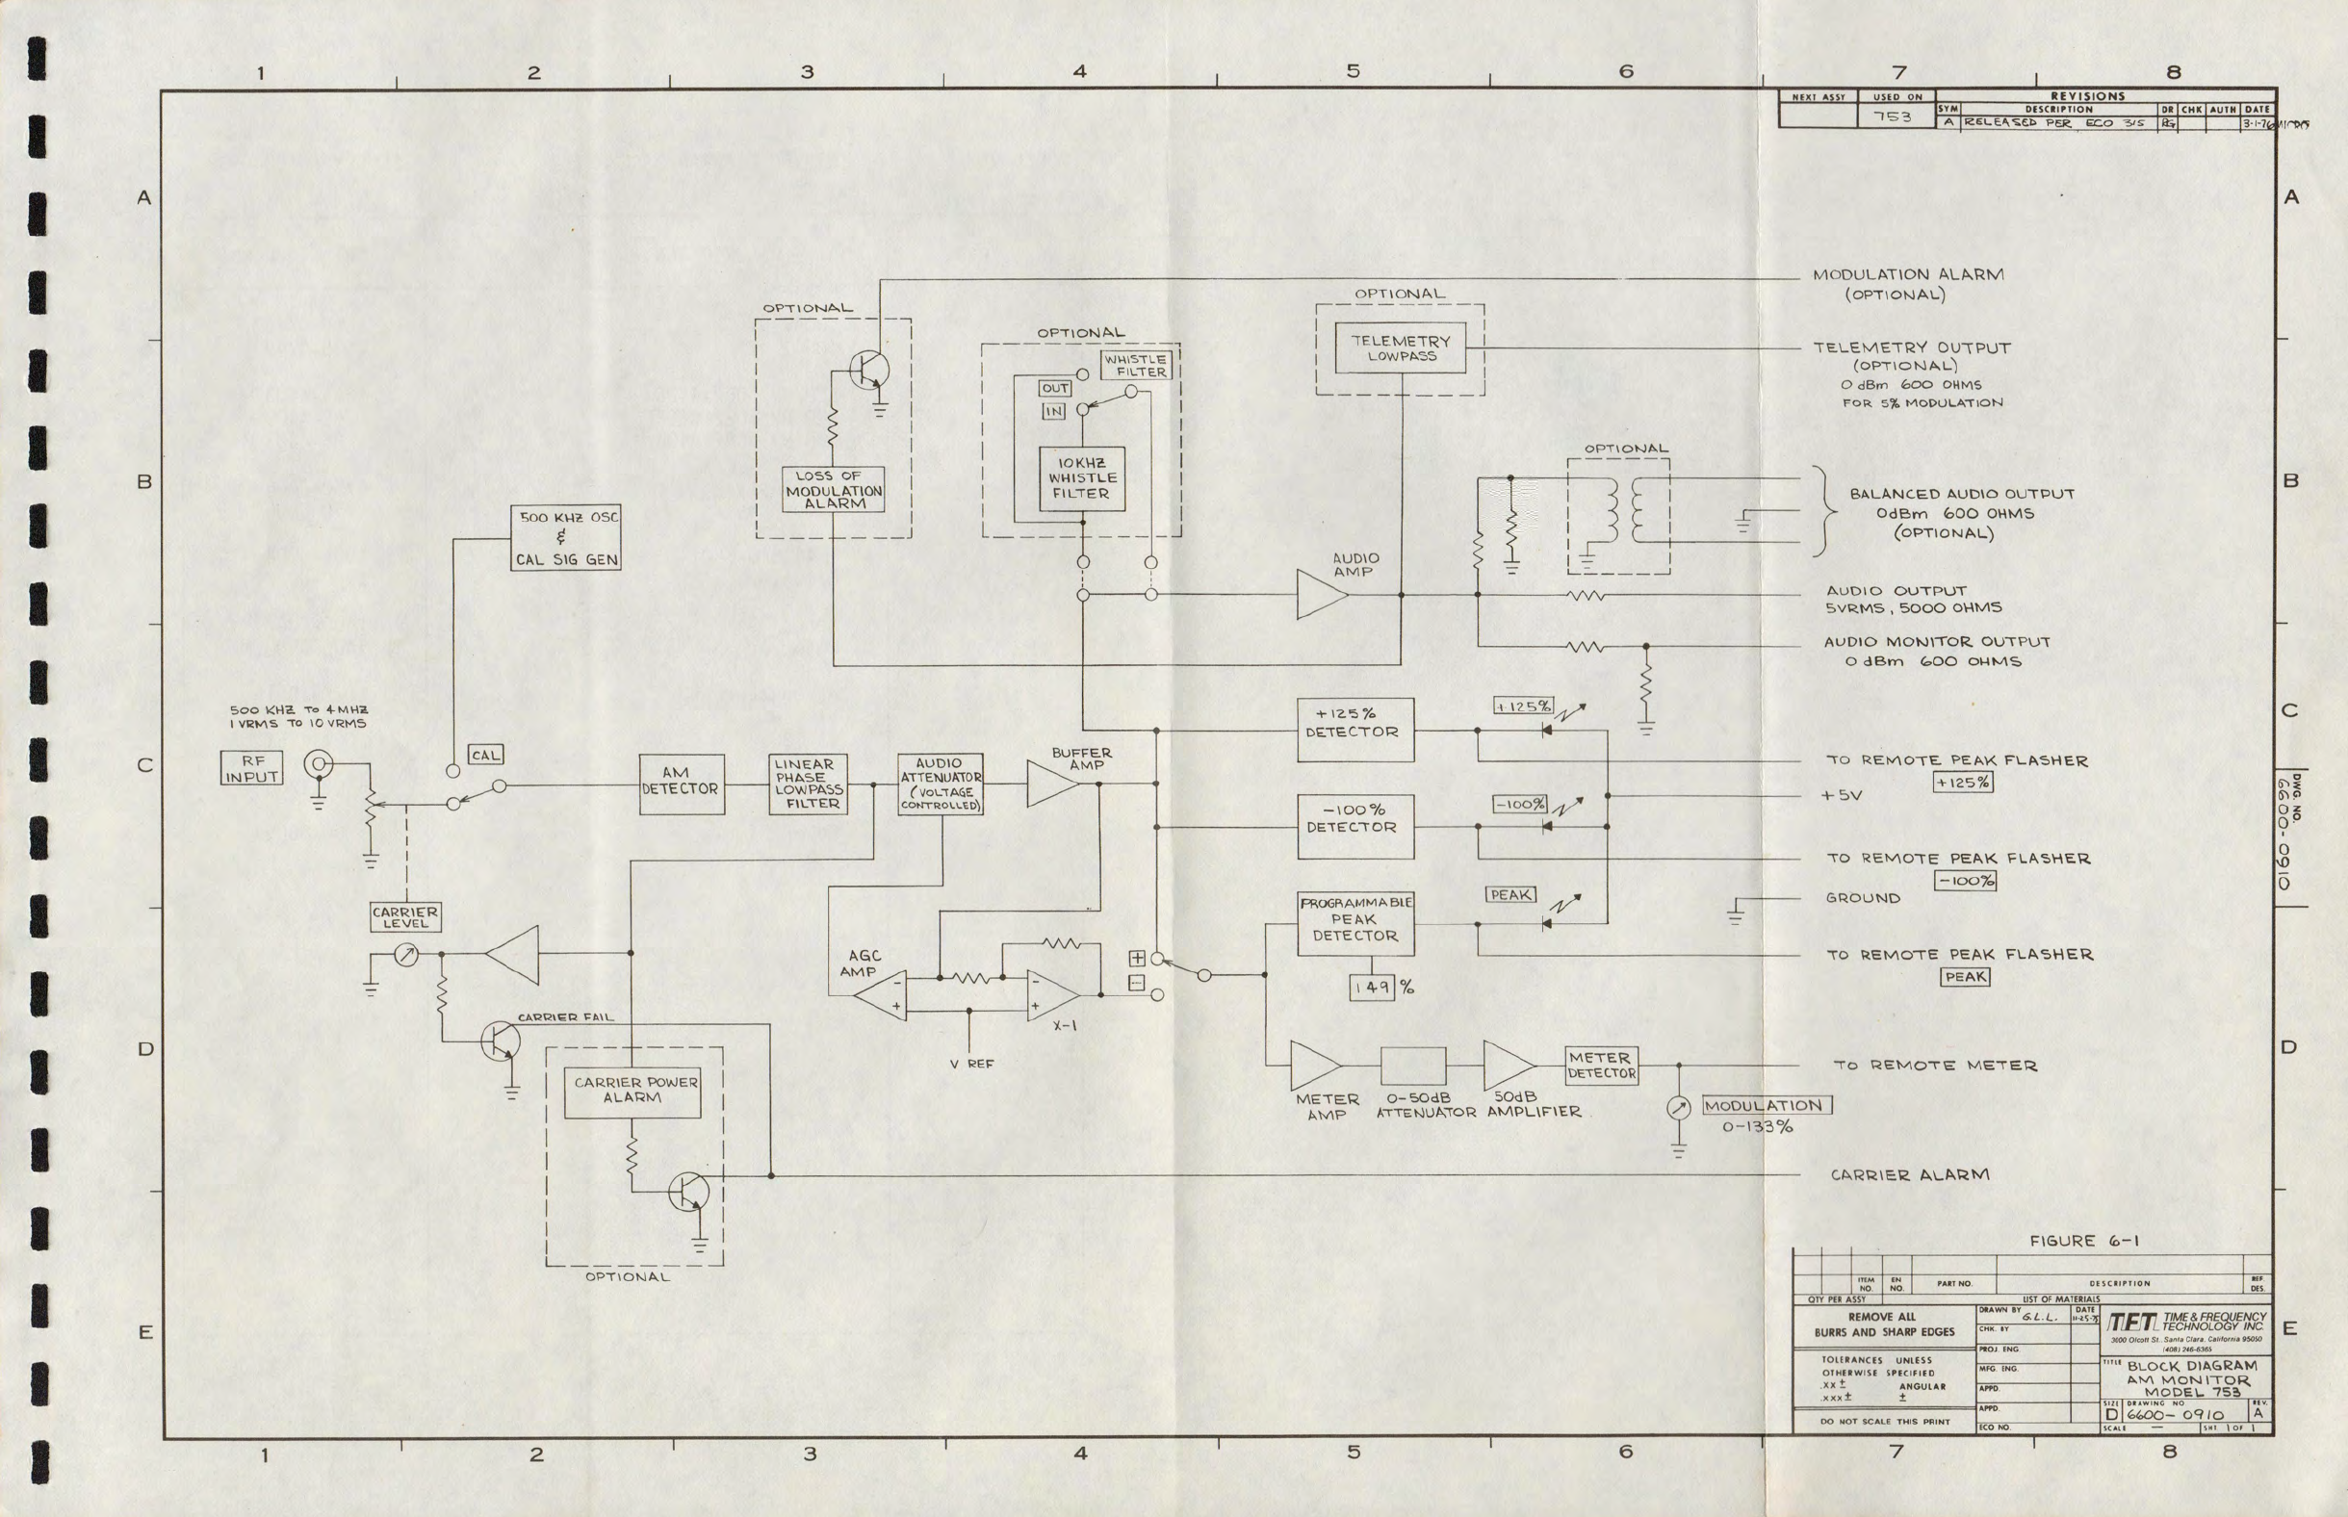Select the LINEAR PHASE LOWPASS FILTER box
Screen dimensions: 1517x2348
tap(808, 784)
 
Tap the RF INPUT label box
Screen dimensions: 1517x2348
tap(251, 768)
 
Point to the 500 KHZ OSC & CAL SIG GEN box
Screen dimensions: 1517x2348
tap(566, 538)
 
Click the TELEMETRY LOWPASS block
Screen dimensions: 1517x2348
tap(1400, 347)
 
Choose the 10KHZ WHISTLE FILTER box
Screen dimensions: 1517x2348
tap(1081, 478)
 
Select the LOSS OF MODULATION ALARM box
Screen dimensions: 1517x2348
tap(834, 490)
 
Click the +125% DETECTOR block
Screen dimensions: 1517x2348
tap(1355, 730)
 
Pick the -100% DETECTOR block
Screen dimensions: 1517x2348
tap(1355, 827)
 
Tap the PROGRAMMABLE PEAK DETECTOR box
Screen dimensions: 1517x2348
tap(1355, 923)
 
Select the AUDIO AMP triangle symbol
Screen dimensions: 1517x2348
tap(1320, 595)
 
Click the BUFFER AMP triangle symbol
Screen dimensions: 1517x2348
tap(1051, 784)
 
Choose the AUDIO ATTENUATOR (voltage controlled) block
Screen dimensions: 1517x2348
tap(941, 784)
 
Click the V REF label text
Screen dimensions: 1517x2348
tap(971, 1065)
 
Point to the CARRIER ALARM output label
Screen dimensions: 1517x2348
tap(1910, 1175)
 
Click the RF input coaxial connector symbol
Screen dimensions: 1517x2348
tap(318, 763)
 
